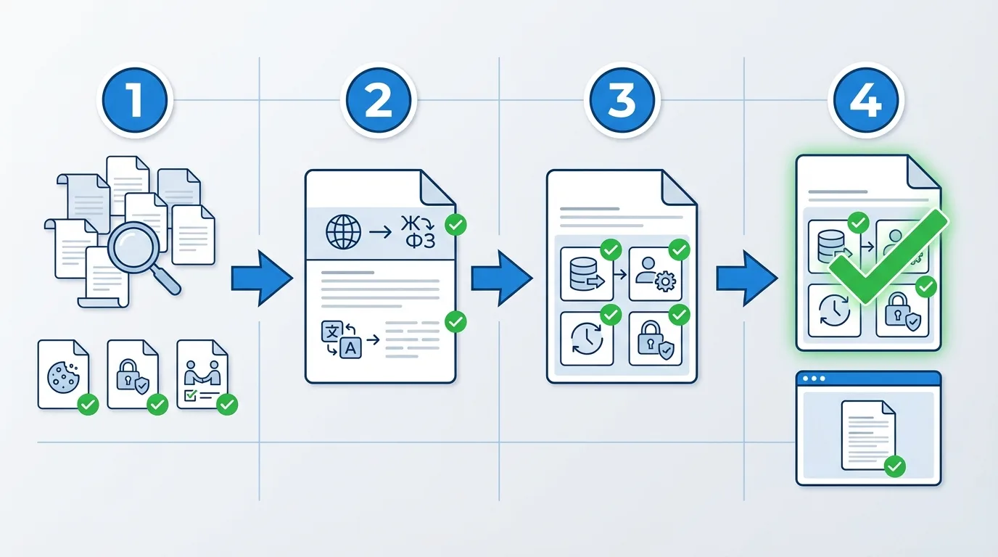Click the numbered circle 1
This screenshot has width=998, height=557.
[133, 102]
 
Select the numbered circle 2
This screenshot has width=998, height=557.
[378, 102]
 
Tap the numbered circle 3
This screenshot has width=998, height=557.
[622, 102]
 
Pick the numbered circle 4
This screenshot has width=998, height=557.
[865, 102]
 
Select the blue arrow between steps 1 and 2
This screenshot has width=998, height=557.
[261, 277]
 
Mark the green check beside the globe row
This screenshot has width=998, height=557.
[455, 225]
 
